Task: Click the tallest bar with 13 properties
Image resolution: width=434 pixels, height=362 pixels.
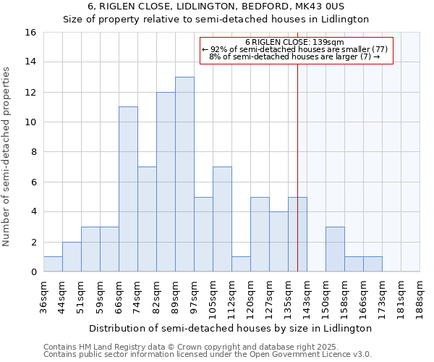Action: click(184, 174)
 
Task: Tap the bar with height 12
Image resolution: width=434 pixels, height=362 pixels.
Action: click(166, 182)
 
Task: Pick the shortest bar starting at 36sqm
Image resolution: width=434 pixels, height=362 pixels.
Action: click(53, 264)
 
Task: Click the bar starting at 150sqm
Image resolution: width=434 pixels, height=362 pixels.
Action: click(335, 249)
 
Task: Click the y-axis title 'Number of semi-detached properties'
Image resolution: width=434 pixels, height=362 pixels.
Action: click(7, 156)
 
